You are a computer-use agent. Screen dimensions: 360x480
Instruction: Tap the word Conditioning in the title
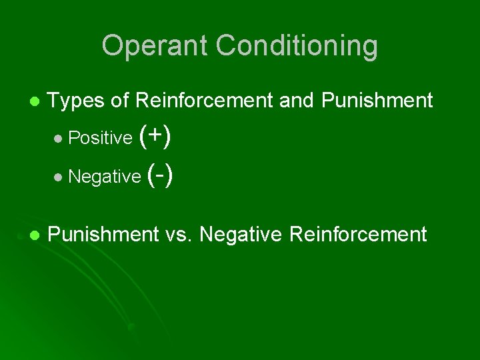coord(297,46)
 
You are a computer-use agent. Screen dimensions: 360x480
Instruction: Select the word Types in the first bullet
coord(77,101)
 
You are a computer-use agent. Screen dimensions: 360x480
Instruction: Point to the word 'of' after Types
coord(120,101)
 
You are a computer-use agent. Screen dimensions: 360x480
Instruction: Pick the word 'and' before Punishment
coord(297,101)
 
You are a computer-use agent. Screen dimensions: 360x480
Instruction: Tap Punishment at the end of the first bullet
coord(377,101)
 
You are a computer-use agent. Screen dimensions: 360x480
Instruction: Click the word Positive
coord(101,138)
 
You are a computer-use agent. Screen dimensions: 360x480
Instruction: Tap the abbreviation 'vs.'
coord(179,234)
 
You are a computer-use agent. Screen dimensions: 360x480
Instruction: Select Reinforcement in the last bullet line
coord(354,234)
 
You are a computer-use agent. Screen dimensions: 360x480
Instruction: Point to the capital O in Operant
coord(113,46)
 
